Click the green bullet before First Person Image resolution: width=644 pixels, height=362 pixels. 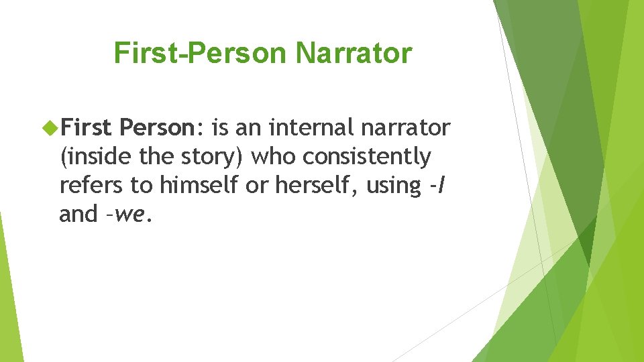pos(48,126)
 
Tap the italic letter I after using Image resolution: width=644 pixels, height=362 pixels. pos(439,185)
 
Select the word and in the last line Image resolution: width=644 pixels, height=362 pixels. pos(78,214)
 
